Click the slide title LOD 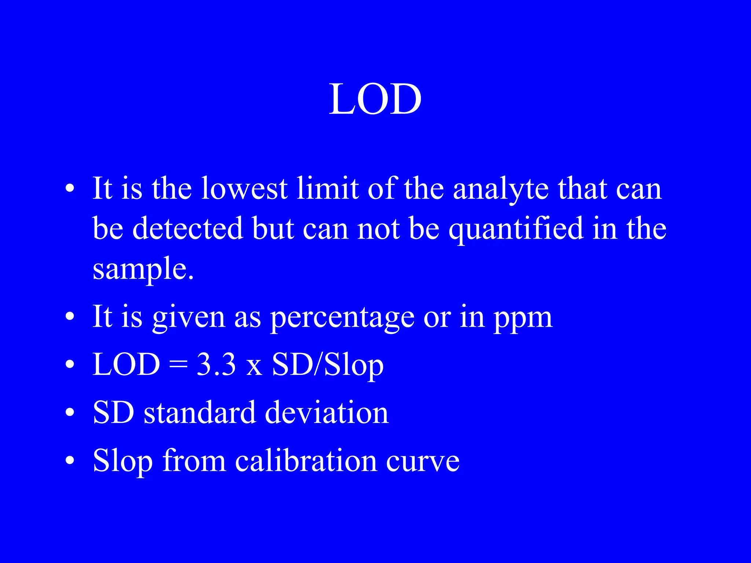[x=375, y=99]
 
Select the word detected [x=188, y=228]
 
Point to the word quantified [x=516, y=229]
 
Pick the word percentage [x=342, y=317]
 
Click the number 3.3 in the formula [x=216, y=365]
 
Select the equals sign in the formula [x=178, y=365]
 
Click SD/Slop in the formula [x=327, y=365]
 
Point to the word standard [x=199, y=413]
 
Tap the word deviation [x=326, y=413]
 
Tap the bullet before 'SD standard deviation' [x=70, y=413]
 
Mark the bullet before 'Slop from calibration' [x=70, y=461]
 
